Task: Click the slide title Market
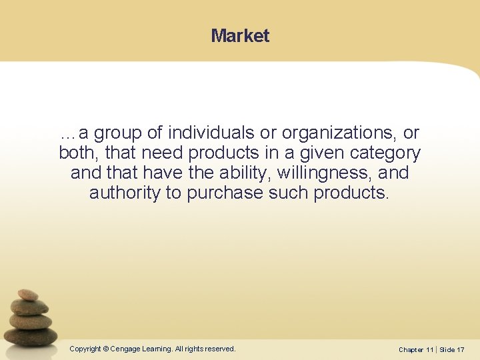240,35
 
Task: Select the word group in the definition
118,133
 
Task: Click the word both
78,153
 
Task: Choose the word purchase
225,193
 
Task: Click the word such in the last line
289,193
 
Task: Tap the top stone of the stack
28,294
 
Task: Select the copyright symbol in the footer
106,349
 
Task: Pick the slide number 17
461,349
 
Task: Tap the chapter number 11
429,349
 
